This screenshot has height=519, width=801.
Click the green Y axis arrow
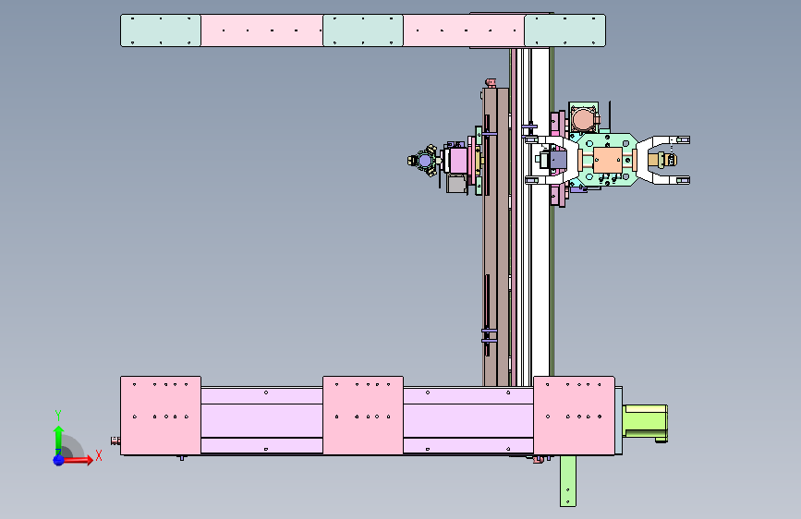click(x=58, y=437)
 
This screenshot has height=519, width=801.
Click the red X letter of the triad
click(x=99, y=455)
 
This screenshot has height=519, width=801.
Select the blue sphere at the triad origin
click(x=59, y=460)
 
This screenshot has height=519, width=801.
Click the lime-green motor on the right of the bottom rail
click(x=645, y=423)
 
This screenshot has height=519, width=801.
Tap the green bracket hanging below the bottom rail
click(x=567, y=481)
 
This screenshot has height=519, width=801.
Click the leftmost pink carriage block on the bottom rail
click(x=161, y=416)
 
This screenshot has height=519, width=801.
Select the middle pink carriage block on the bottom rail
click(x=363, y=416)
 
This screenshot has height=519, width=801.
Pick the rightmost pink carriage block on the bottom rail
click(x=574, y=416)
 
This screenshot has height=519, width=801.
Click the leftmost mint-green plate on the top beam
click(x=161, y=30)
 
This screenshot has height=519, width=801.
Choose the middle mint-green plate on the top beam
click(x=363, y=30)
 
